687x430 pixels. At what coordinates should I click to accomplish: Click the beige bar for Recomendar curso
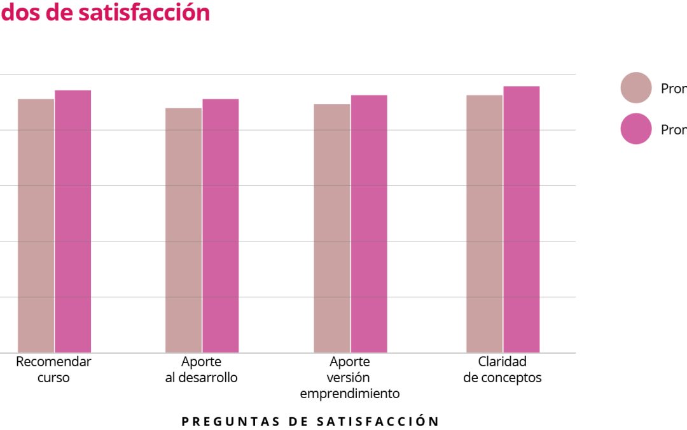36,226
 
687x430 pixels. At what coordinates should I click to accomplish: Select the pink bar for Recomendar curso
73,221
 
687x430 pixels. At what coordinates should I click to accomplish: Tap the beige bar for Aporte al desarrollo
184,230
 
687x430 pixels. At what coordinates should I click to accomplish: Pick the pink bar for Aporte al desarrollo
221,226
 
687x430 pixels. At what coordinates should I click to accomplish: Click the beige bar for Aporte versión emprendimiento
332,228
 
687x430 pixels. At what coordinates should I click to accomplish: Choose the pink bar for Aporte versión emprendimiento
369,224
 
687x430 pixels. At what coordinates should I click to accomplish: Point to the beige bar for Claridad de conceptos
484,224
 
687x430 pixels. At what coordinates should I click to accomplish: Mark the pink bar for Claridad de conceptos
522,219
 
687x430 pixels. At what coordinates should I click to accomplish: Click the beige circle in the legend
636,88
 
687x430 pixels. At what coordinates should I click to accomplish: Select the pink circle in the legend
636,129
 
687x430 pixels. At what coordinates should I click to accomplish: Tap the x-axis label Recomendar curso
53,369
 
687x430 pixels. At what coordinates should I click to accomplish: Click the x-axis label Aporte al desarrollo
201,369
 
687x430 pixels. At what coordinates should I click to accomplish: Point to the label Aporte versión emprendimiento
350,378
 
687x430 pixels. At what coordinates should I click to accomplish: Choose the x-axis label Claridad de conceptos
503,369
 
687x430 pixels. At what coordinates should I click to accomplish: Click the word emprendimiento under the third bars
350,394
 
